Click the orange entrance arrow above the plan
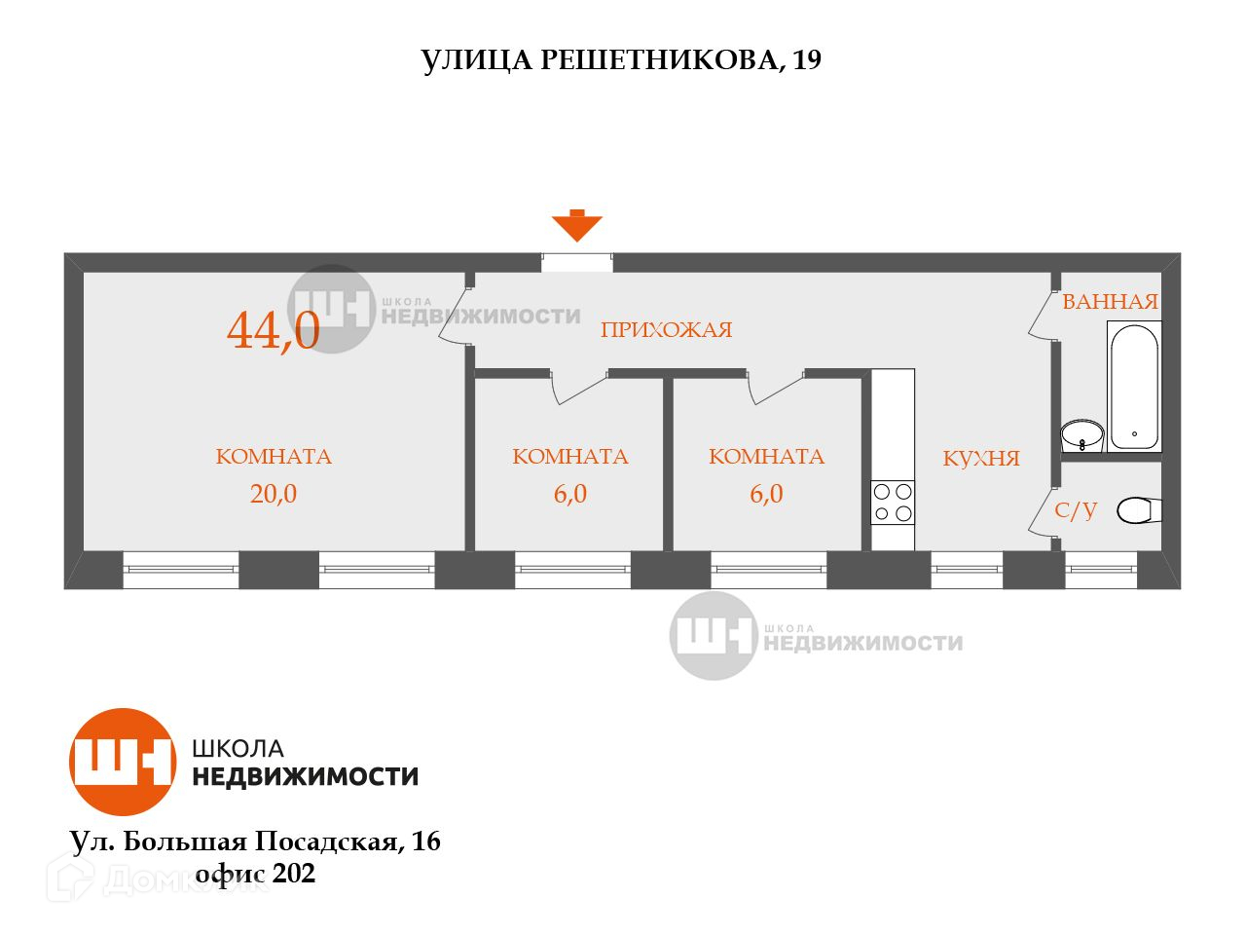point(577,226)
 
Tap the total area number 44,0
point(274,330)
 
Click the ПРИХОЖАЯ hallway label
point(666,330)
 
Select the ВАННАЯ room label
point(1110,302)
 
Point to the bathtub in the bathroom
point(1134,387)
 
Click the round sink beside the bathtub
point(1081,433)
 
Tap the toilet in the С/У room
point(1137,509)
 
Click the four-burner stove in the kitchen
point(893,503)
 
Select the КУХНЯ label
point(981,459)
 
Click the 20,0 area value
point(274,494)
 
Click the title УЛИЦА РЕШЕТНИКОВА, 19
point(621,60)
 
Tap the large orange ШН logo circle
point(123,762)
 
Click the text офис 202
point(256,874)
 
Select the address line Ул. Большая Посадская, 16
point(255,841)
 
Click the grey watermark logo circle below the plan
point(713,635)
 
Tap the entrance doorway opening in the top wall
point(577,262)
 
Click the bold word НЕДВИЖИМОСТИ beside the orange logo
point(306,776)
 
